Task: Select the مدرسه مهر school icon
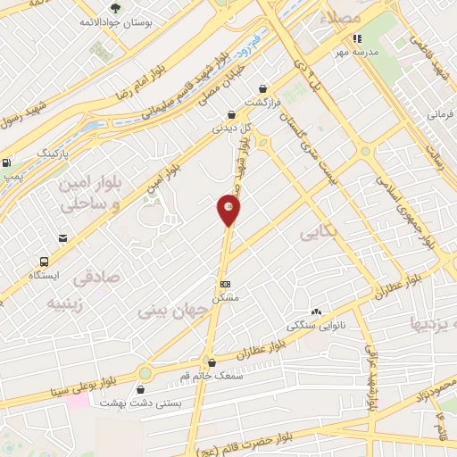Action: pos(356,38)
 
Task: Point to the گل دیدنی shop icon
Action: pos(232,114)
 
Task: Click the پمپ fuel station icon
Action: pos(7,163)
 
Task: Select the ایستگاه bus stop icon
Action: pos(44,262)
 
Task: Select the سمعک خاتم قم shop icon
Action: pos(212,363)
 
